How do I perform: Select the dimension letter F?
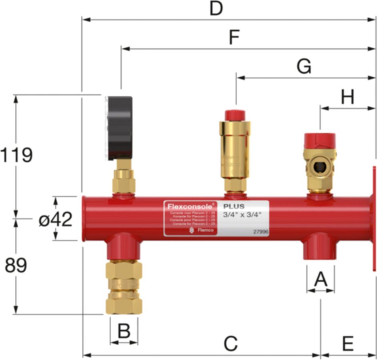click(x=234, y=38)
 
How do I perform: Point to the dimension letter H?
click(x=347, y=97)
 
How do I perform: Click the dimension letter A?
click(x=320, y=279)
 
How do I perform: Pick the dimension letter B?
click(x=124, y=331)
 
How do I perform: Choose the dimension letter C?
click(x=231, y=344)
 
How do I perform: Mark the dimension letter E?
click(x=347, y=344)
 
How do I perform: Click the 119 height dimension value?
click(x=16, y=155)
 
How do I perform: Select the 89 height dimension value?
click(x=16, y=266)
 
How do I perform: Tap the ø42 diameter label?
click(x=56, y=219)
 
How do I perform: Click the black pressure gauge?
click(x=119, y=127)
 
